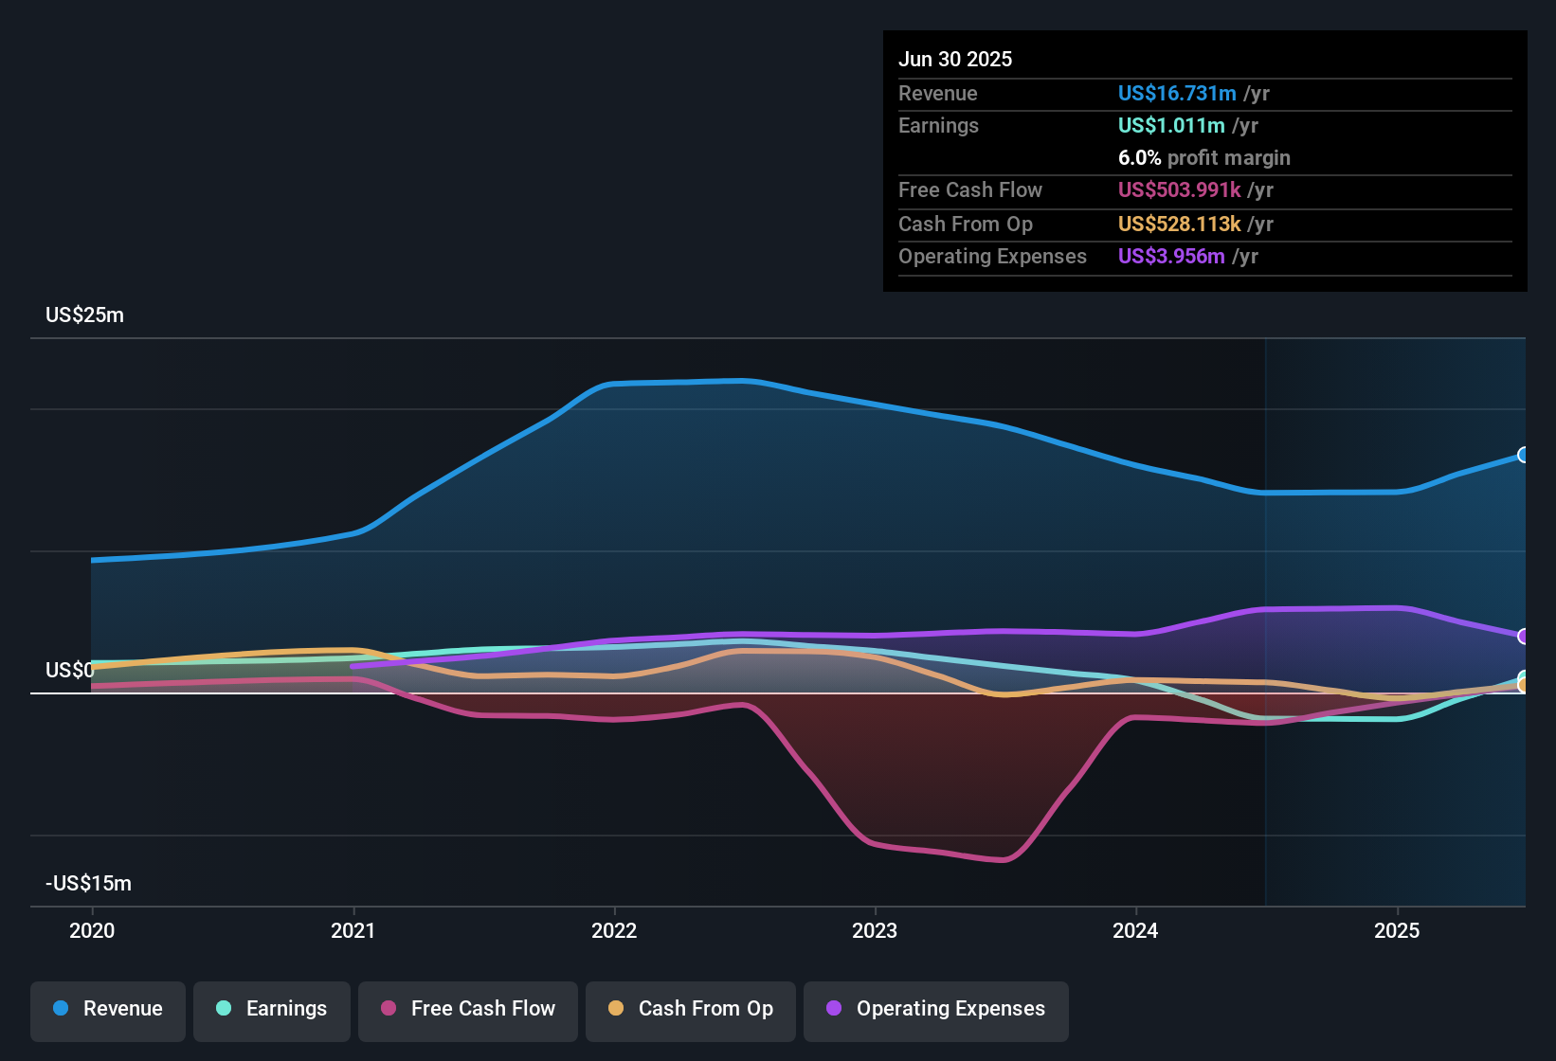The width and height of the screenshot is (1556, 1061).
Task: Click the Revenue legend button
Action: (108, 1009)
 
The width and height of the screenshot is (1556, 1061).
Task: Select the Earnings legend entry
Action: (272, 1009)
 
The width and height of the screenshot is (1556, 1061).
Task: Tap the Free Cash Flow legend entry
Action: (468, 1009)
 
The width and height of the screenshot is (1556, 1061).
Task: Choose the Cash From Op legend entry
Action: (691, 1009)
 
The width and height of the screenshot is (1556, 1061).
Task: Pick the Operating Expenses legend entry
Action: (936, 1009)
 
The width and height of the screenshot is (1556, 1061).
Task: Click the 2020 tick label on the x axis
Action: (92, 930)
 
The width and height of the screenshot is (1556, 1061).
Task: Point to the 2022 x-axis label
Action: (614, 930)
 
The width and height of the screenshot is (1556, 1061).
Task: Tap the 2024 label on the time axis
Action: (1135, 930)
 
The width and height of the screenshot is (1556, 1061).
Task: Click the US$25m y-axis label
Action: (84, 315)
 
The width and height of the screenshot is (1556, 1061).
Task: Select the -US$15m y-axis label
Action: (88, 884)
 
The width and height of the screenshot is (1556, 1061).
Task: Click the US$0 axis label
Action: (69, 671)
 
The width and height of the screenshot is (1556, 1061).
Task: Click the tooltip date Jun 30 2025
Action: (955, 60)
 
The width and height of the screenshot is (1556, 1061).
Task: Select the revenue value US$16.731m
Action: (1177, 94)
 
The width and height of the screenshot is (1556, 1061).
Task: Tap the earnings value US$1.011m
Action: (1171, 126)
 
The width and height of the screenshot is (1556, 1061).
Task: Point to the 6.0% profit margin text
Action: (1203, 158)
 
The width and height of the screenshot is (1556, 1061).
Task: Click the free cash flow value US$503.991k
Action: (1179, 190)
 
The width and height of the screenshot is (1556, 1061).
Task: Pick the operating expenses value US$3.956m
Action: (1171, 257)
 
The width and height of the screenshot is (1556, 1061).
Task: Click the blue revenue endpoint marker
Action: (1523, 455)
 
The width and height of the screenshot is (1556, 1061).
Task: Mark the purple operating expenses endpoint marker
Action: (1523, 636)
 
